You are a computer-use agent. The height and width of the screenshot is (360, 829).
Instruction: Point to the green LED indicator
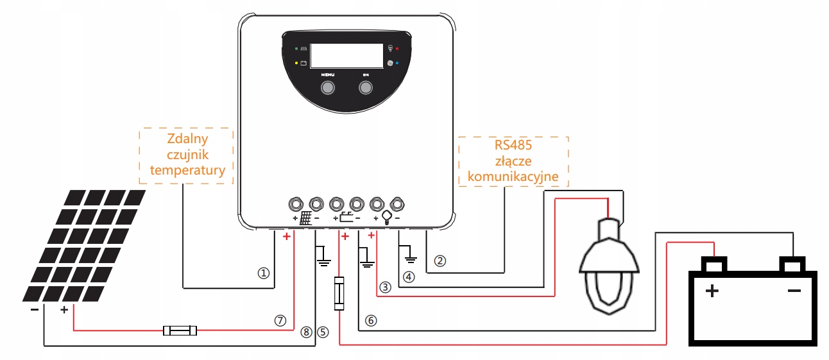296,49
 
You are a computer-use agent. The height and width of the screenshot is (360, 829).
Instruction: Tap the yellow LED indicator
296,64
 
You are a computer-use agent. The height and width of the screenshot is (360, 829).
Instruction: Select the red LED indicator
398,49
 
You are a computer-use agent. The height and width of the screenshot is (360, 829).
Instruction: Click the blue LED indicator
398,63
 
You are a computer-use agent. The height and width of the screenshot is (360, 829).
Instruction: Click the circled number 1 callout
262,273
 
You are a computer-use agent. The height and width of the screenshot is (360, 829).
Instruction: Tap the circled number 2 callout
440,261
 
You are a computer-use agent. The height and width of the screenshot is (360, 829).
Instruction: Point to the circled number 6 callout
370,320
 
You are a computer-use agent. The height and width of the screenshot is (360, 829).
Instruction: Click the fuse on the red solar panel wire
180,331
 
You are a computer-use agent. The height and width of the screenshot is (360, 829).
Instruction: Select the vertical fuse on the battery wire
340,294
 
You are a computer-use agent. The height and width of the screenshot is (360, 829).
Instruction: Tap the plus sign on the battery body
712,292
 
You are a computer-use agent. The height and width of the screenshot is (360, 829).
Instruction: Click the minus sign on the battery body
794,291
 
